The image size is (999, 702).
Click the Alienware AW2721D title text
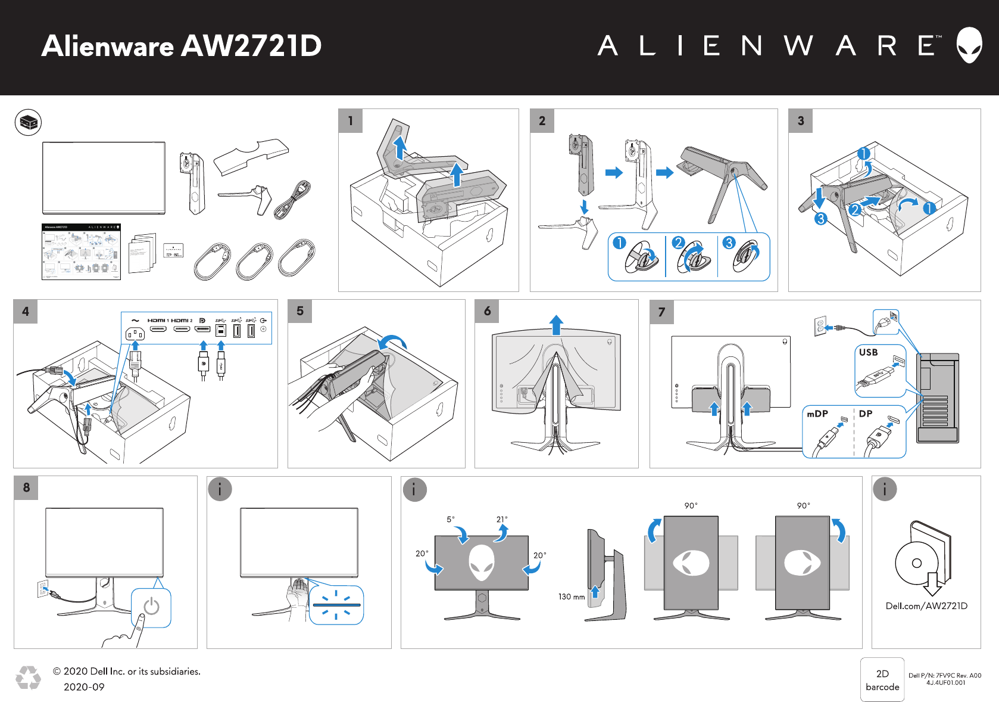pos(182,46)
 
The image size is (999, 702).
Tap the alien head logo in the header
pos(969,45)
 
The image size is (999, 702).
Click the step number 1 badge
pos(351,121)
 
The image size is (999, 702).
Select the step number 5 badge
pos(300,311)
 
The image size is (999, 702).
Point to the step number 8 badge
pos(26,487)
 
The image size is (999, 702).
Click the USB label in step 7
pos(868,352)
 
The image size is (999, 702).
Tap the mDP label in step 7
pos(817,414)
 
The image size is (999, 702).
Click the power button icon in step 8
pos(151,607)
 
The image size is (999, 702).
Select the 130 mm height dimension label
pos(572,597)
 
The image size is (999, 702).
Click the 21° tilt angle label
pos(502,519)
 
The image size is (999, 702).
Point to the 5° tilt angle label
pos(451,519)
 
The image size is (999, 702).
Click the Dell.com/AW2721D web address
pos(926,606)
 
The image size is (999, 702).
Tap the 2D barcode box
pos(882,680)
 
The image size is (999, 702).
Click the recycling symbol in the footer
pos(28,678)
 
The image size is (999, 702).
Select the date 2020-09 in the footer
pos(84,687)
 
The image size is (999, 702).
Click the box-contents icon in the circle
pos(28,122)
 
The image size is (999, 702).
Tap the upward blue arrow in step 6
pos(556,325)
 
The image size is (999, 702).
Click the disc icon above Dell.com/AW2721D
pos(917,563)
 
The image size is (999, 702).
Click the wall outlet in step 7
pos(820,327)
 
